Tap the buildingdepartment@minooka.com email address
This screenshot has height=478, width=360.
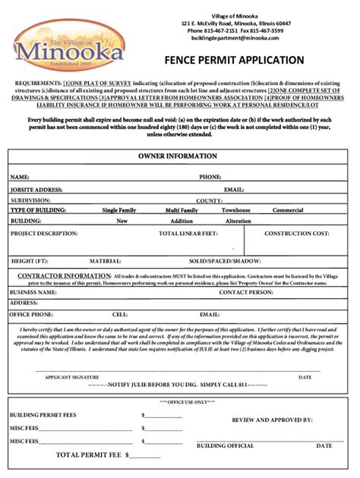click(235, 38)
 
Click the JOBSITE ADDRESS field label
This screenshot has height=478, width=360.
click(36, 189)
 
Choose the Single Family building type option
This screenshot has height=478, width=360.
click(122, 210)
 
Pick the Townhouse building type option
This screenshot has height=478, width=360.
click(235, 210)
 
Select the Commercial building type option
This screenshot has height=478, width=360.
click(288, 210)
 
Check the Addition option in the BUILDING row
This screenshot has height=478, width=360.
click(182, 221)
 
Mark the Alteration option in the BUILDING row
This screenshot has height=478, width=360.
click(238, 221)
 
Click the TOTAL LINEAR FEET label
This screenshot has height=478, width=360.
click(188, 234)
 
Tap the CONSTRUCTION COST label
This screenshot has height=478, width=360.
click(296, 234)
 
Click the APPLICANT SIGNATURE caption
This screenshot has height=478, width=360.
click(71, 376)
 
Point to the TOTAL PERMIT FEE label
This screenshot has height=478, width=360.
click(90, 455)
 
